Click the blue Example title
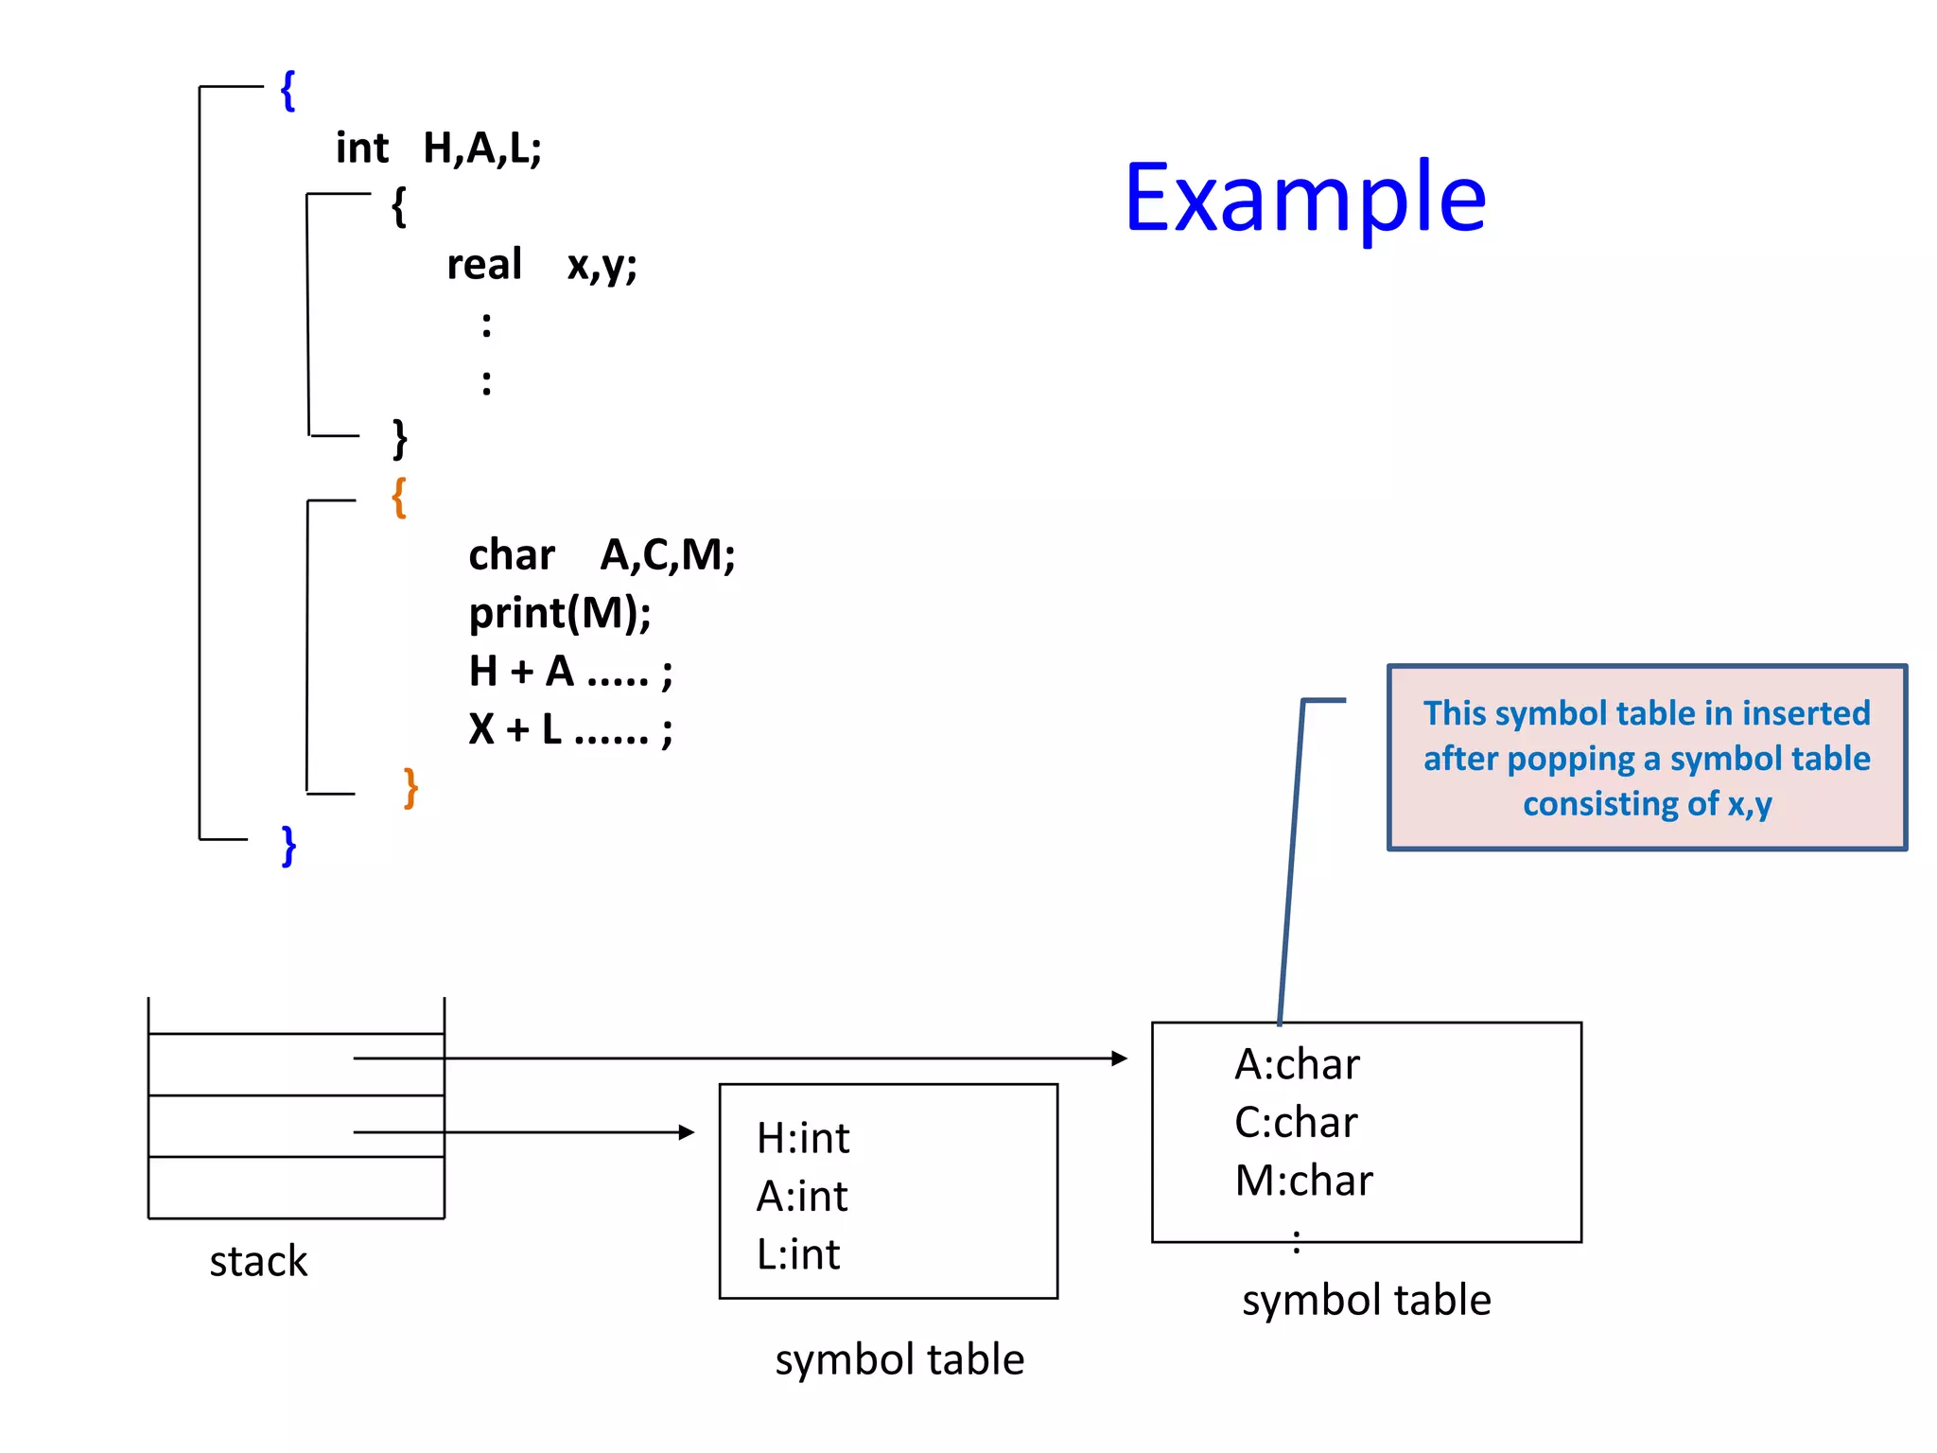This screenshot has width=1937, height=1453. coord(1305,199)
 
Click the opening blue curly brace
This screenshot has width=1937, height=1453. coord(288,91)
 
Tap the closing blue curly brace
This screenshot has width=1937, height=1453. coord(288,845)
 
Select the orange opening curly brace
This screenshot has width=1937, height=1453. coord(399,497)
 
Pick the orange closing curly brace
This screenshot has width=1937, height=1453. coord(410,787)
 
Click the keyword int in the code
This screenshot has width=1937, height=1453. coord(362,149)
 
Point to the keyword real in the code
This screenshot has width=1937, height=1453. coord(484,264)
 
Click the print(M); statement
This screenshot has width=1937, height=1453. coord(560,613)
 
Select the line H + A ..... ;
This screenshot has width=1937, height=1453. coord(570,672)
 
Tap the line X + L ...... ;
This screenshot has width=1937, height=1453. coord(570,729)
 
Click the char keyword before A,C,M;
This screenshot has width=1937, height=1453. coord(512,554)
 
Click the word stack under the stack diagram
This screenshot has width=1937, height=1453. coord(258,1261)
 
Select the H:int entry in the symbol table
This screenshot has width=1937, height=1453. coord(803,1138)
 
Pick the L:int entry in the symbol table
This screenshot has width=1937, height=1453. coord(798,1254)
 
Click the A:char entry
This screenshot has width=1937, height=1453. coord(1297,1064)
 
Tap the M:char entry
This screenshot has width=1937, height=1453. coord(1303,1181)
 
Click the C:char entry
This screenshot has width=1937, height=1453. coord(1296,1123)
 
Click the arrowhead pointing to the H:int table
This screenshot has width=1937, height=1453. coord(687,1132)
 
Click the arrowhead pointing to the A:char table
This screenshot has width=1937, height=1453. coord(1120,1059)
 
